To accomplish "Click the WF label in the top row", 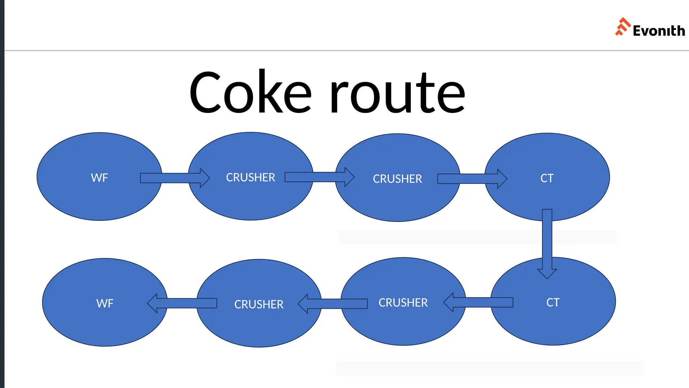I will click(99, 178).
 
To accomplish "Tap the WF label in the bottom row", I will click(105, 303).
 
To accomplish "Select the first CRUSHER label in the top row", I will click(250, 177).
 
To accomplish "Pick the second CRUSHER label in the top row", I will click(397, 179).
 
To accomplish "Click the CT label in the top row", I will click(547, 178).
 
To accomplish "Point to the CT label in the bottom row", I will click(553, 302).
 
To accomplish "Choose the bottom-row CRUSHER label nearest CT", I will click(403, 303).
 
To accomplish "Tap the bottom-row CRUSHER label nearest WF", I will click(259, 304).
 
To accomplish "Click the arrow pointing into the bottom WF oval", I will click(182, 303).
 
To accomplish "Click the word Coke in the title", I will click(250, 93).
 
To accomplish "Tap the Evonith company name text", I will click(658, 31).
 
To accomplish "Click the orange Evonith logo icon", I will click(622, 27).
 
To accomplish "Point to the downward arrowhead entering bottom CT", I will click(547, 273).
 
